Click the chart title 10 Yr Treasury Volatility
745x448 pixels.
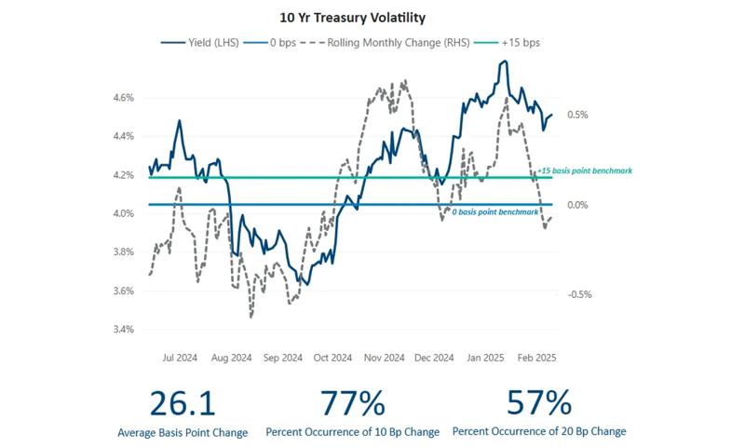coord(372,17)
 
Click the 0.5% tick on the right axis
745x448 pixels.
coord(577,115)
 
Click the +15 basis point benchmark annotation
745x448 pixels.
coord(585,171)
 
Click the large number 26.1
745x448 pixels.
coord(183,402)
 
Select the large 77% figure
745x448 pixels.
coord(352,402)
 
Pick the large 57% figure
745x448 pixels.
coord(538,402)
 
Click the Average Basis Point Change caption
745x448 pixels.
coord(183,432)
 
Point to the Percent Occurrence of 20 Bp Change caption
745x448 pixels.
coord(539,432)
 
